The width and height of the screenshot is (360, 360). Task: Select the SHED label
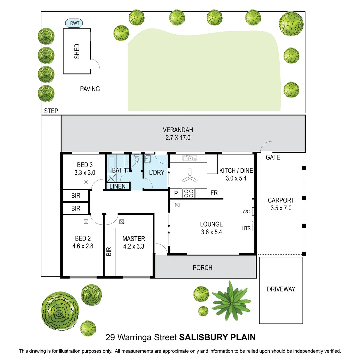[77, 51]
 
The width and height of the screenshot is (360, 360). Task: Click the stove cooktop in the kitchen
[189, 193]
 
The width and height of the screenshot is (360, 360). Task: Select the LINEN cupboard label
[117, 186]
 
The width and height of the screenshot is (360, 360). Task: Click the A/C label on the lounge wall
[246, 211]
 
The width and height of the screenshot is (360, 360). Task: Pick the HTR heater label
[246, 228]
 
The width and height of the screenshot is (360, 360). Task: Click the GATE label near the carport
[273, 157]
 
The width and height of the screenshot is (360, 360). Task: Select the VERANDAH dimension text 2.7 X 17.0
[178, 137]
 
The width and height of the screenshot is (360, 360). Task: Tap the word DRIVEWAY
[281, 289]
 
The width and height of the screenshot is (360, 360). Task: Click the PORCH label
[202, 268]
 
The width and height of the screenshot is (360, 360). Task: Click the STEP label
[51, 111]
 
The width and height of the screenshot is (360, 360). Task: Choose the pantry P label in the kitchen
[176, 193]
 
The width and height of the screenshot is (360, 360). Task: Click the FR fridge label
[214, 193]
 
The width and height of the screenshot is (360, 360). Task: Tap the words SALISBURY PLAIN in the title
[217, 337]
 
